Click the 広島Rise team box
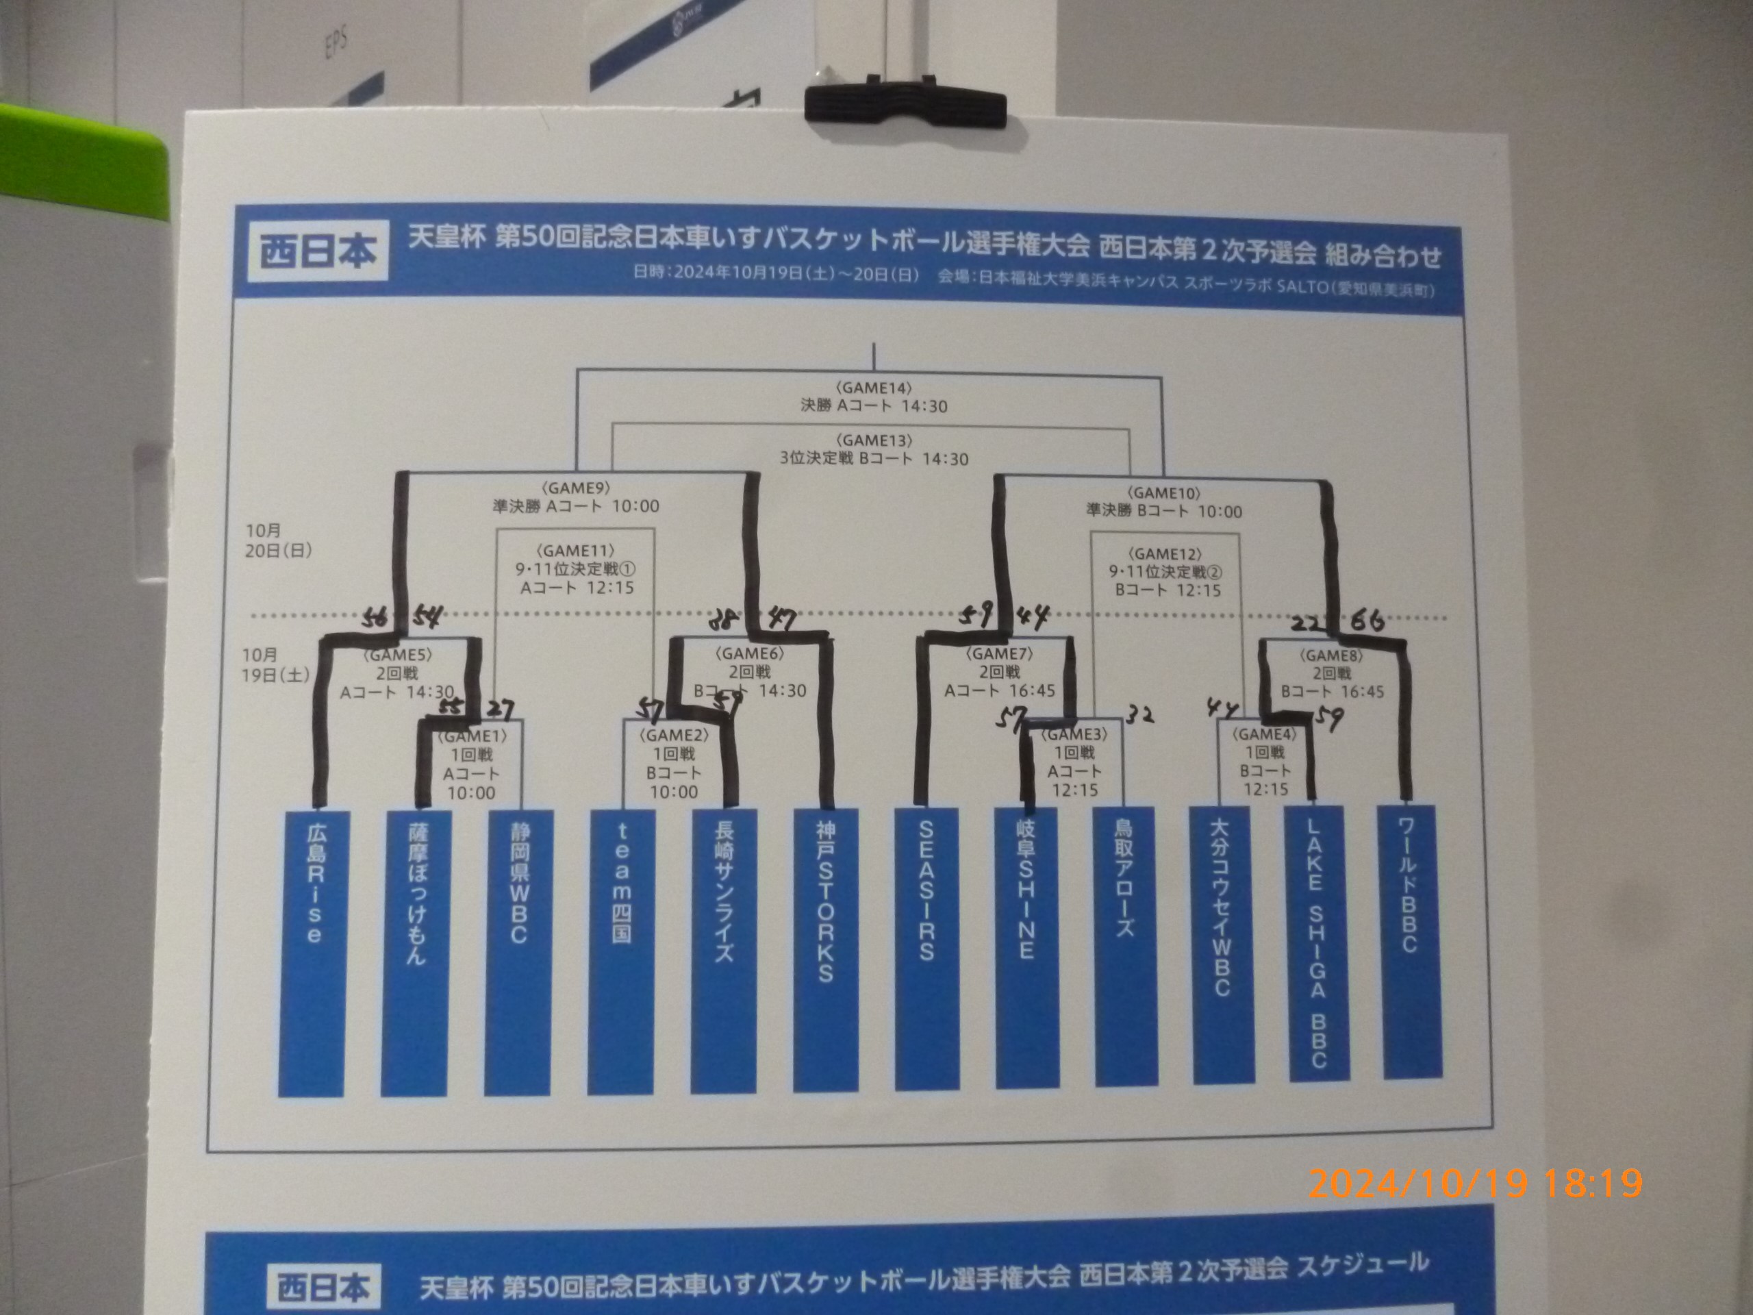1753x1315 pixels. [x=312, y=951]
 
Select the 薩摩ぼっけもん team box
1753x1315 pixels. [x=414, y=951]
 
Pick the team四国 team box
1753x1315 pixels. [x=621, y=951]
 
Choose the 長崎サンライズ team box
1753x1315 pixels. [x=724, y=951]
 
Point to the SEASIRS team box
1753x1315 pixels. [x=926, y=948]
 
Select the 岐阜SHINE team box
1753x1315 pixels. [x=1026, y=947]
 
